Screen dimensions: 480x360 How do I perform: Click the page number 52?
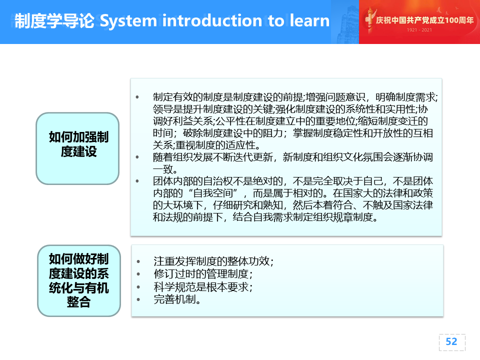451,341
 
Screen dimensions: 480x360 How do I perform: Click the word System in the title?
128,21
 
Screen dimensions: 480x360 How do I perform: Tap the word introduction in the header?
212,20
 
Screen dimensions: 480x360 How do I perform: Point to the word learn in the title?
309,20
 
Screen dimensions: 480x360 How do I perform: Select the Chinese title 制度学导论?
54,21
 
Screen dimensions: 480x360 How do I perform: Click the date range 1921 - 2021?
419,30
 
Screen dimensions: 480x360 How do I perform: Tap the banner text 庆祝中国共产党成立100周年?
425,20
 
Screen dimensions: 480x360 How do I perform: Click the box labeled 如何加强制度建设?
77,148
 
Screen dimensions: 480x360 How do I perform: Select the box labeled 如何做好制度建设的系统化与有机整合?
79,280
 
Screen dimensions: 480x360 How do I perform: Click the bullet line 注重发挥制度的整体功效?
213,261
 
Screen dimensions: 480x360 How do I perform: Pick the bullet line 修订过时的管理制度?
203,274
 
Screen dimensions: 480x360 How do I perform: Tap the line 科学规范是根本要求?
203,287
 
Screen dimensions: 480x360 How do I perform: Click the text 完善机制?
177,299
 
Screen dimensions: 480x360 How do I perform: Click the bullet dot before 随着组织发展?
137,157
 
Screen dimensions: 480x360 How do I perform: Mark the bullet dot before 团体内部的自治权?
137,181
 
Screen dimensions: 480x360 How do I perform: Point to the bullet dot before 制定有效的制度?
137,97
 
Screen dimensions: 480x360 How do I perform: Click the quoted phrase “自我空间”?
213,193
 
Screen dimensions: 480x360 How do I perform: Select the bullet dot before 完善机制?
138,299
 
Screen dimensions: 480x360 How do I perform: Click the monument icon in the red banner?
369,20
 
